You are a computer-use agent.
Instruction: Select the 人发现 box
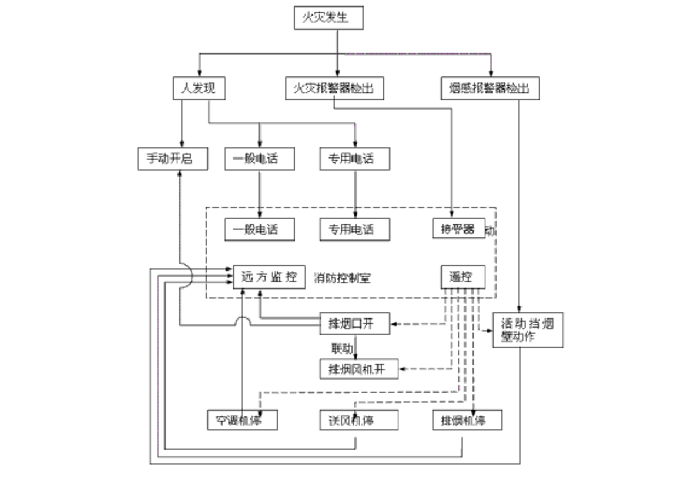[x=194, y=89]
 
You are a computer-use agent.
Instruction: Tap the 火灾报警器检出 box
[x=334, y=89]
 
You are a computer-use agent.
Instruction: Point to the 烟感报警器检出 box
[x=490, y=89]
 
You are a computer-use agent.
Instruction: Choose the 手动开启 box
[x=170, y=159]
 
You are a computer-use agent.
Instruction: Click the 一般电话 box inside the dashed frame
[x=260, y=229]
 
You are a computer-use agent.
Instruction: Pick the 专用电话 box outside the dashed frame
[x=355, y=159]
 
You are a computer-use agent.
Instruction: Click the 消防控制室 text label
[x=343, y=278]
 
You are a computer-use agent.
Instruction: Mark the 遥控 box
[x=463, y=277]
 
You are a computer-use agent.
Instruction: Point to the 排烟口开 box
[x=355, y=324]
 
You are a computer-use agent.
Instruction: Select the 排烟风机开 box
[x=359, y=369]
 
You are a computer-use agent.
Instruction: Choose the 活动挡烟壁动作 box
[x=528, y=330]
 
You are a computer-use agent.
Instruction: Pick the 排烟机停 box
[x=468, y=420]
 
